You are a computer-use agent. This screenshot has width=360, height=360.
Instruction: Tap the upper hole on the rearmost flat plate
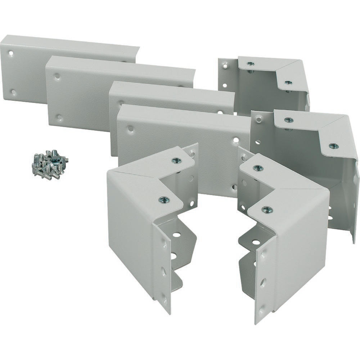pos(11,53)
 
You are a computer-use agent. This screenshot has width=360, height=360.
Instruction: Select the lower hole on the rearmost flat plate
pos(13,92)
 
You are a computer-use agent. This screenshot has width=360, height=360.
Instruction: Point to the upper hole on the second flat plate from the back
pos(57,76)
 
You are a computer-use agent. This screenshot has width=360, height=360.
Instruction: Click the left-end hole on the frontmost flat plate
pos(130,129)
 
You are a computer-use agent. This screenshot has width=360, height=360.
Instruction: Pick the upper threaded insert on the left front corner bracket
pos(176,161)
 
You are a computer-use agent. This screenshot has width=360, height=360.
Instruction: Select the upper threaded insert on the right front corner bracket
pos(258,168)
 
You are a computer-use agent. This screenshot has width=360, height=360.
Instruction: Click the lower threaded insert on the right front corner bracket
pos(267,209)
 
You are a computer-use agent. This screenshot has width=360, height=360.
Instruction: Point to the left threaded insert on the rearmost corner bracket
pos(251,64)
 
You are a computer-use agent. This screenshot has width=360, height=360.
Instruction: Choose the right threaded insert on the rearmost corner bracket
pos(288,82)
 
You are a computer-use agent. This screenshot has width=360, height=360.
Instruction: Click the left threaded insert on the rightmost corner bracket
pos(288,120)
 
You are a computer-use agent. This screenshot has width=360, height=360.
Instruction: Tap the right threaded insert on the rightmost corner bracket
pos(334,146)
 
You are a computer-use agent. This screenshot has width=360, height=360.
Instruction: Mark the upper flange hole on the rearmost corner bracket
pos(225,66)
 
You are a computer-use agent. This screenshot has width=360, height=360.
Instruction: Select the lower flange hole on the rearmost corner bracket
pos(225,86)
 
